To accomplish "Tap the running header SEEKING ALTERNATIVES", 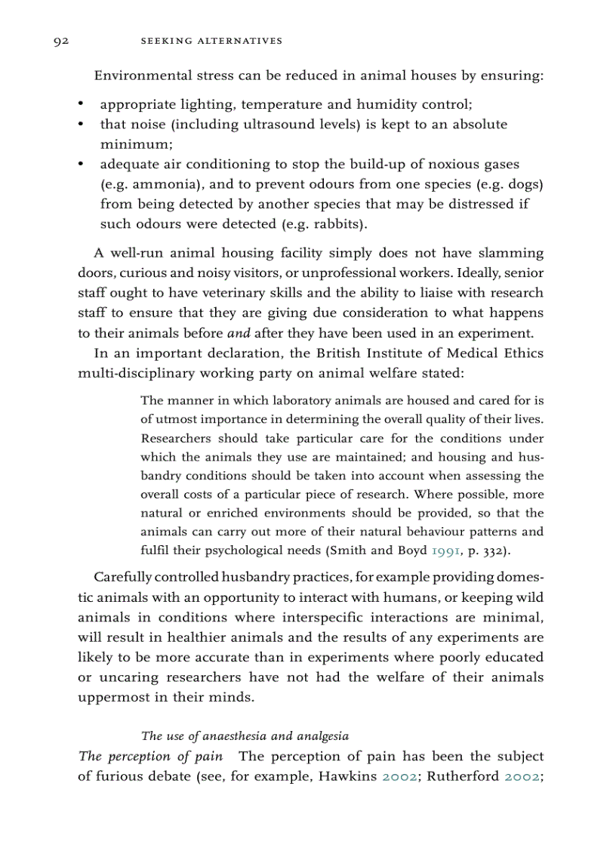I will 211,41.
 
